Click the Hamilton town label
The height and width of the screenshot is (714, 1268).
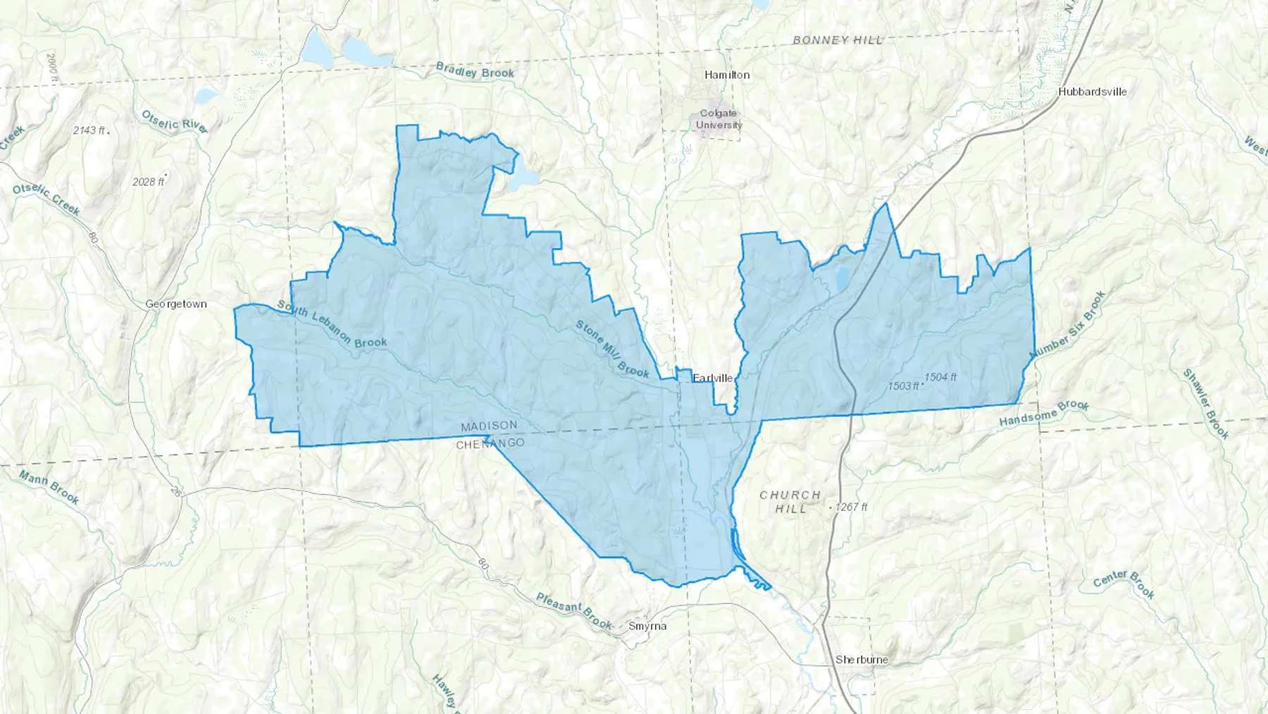pyautogui.click(x=727, y=75)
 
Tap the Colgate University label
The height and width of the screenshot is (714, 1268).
pyautogui.click(x=719, y=119)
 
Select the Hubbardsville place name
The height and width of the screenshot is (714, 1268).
pyautogui.click(x=1092, y=92)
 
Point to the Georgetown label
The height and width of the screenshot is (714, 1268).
pyautogui.click(x=176, y=304)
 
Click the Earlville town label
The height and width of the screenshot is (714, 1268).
pyautogui.click(x=713, y=378)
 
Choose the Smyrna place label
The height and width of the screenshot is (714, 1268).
pyautogui.click(x=647, y=626)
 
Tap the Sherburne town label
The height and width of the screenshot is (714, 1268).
pyautogui.click(x=862, y=660)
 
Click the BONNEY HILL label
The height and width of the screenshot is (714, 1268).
pyautogui.click(x=838, y=40)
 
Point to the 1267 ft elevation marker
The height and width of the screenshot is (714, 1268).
pyautogui.click(x=851, y=507)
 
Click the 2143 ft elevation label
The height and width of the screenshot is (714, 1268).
pyautogui.click(x=89, y=130)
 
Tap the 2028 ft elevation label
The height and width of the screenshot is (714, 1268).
pyautogui.click(x=148, y=182)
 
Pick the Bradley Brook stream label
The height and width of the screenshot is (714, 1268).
pyautogui.click(x=475, y=70)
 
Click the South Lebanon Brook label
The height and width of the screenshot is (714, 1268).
pyautogui.click(x=332, y=324)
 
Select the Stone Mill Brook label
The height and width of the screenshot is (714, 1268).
pyautogui.click(x=612, y=349)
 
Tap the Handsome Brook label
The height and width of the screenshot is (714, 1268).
pyautogui.click(x=1044, y=414)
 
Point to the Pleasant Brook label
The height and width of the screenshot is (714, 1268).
pyautogui.click(x=574, y=611)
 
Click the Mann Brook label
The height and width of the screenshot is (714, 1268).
pyautogui.click(x=49, y=487)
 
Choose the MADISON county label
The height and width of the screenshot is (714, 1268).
pyautogui.click(x=489, y=426)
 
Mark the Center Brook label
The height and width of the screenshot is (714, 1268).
pyautogui.click(x=1124, y=584)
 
